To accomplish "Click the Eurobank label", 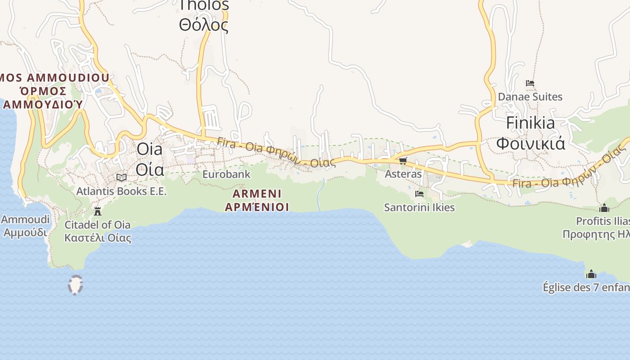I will coord(226,174).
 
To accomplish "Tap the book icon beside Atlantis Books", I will coord(121,177).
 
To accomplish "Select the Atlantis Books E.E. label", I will coord(121,191).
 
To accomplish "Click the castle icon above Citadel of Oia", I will coord(97,211).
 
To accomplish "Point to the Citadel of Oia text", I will coord(98,225).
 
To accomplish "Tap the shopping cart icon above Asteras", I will coord(403,161).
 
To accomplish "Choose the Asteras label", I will coord(403,174).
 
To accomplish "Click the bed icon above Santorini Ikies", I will coord(419,194).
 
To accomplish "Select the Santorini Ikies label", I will coord(419,207).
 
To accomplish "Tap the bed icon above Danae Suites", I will coord(530,83).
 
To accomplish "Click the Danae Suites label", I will coord(530,97).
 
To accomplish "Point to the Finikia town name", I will coord(531,123).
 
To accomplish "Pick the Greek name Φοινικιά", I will coord(531,143).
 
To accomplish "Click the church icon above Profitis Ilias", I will coord(604,208).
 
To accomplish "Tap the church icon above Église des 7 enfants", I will coord(591,274).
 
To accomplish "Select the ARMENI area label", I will coord(257,194).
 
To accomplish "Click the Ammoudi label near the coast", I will coord(25,220).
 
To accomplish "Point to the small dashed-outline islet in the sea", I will coord(75,285).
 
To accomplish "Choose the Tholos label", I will coord(204,6).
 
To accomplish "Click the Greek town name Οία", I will coord(149,170).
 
